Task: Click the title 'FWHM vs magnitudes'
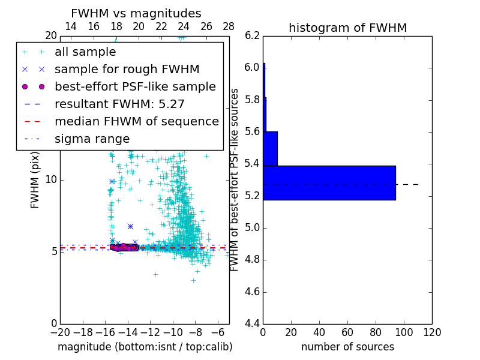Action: click(x=136, y=13)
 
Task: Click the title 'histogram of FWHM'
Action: click(x=347, y=28)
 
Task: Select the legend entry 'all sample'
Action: click(x=82, y=52)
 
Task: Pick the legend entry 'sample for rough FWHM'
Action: click(x=127, y=69)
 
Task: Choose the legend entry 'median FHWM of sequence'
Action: click(x=137, y=121)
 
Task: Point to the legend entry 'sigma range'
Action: click(x=92, y=139)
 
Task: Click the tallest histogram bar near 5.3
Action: click(x=329, y=182)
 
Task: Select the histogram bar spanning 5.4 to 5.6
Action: click(x=270, y=148)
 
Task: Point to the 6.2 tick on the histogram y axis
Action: click(x=253, y=35)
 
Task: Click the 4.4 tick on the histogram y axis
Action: click(x=253, y=324)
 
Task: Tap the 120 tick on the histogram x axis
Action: click(x=432, y=332)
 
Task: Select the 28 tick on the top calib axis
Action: click(x=229, y=26)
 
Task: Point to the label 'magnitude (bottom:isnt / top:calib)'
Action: click(x=145, y=347)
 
